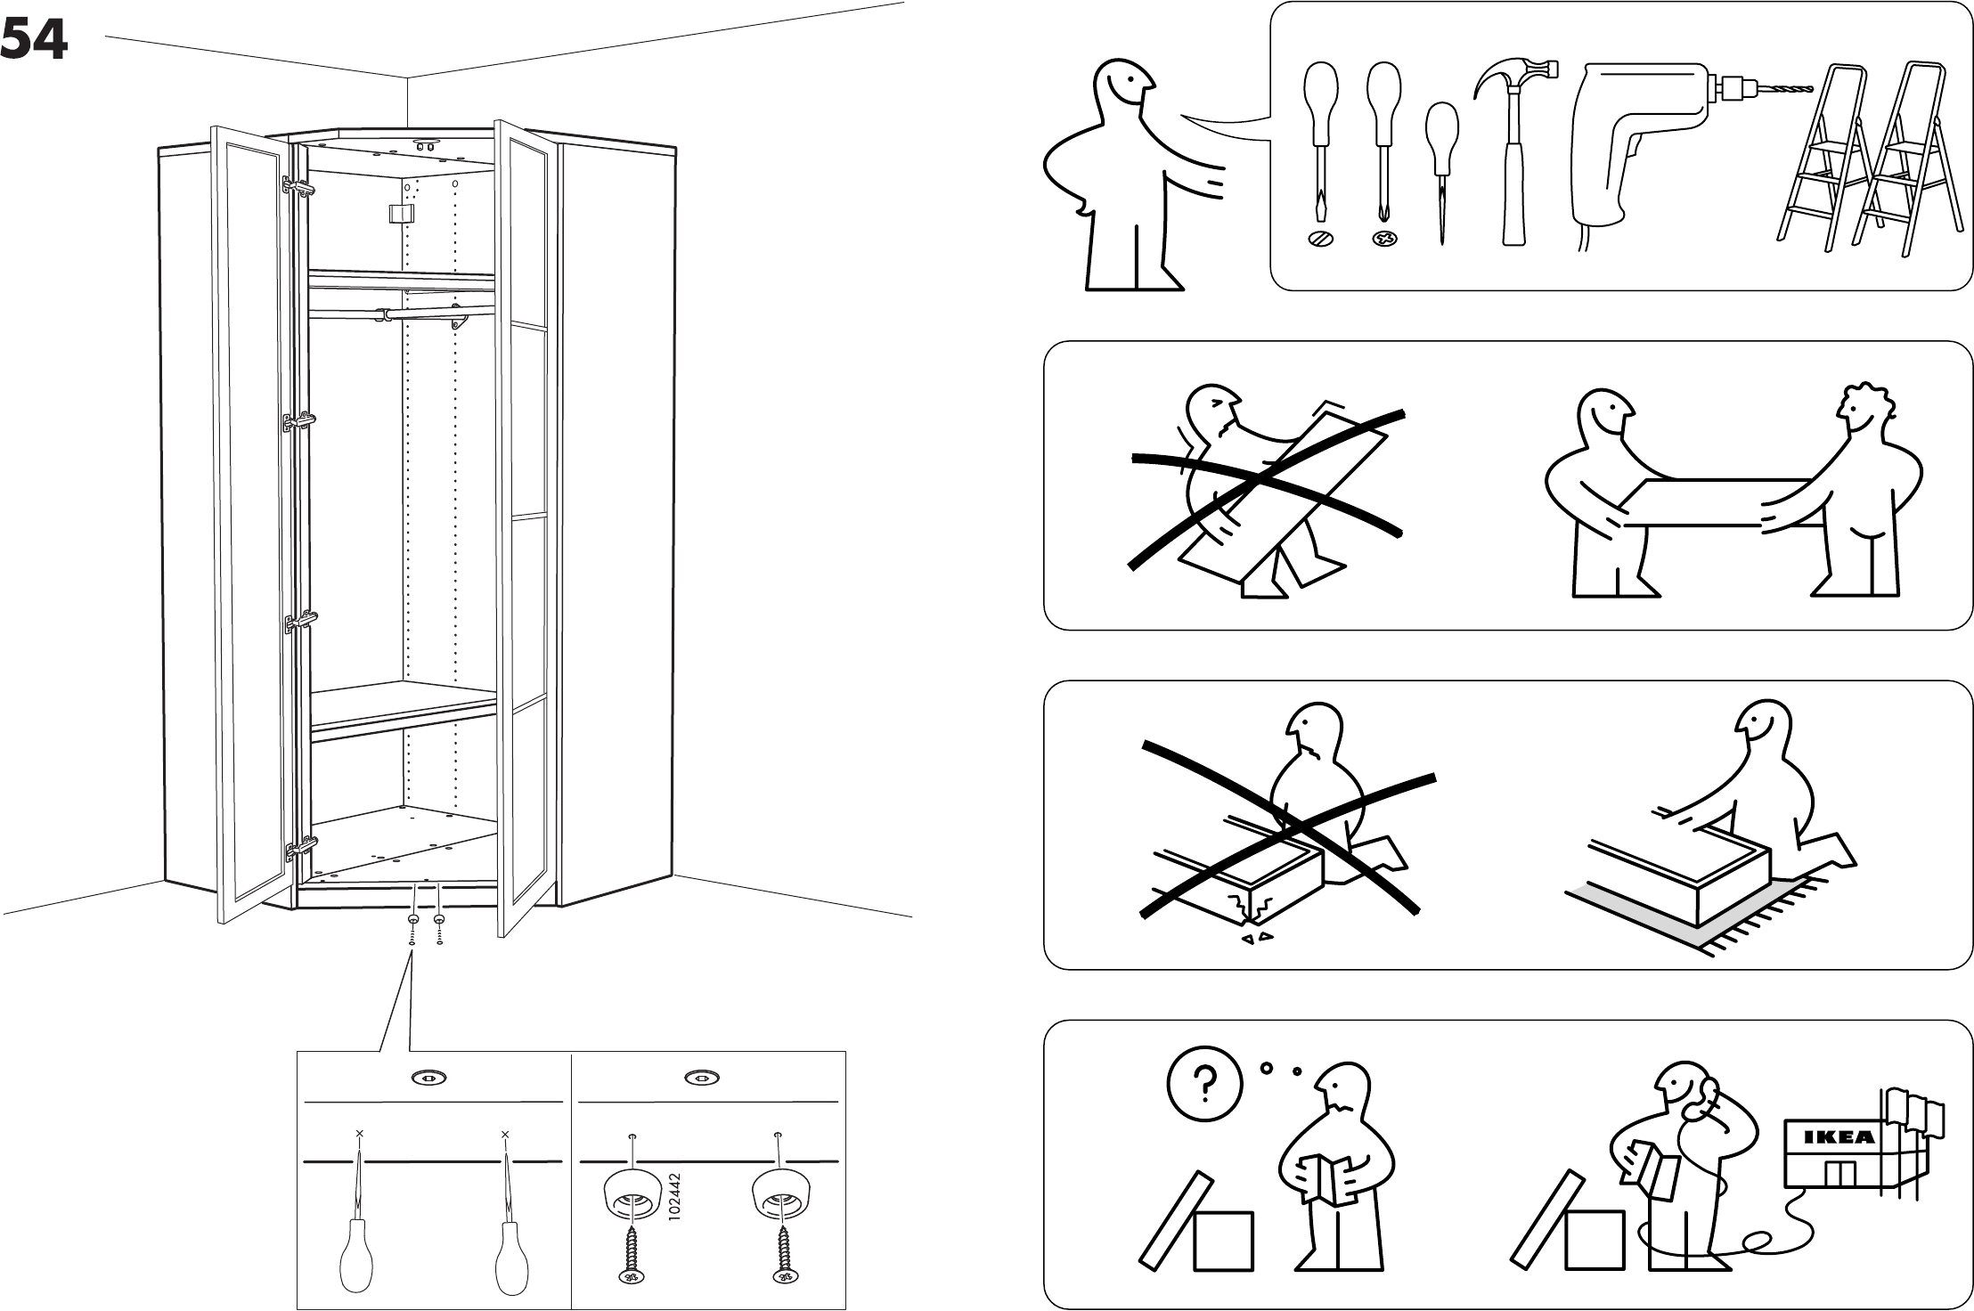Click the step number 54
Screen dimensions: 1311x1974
tap(34, 40)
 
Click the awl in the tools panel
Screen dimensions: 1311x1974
tap(1441, 169)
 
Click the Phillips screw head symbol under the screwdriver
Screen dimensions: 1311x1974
tap(1383, 239)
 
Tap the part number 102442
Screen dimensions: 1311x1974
tap(674, 1201)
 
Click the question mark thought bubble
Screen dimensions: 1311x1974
tap(1203, 1082)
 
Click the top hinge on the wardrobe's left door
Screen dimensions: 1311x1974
tap(298, 188)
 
